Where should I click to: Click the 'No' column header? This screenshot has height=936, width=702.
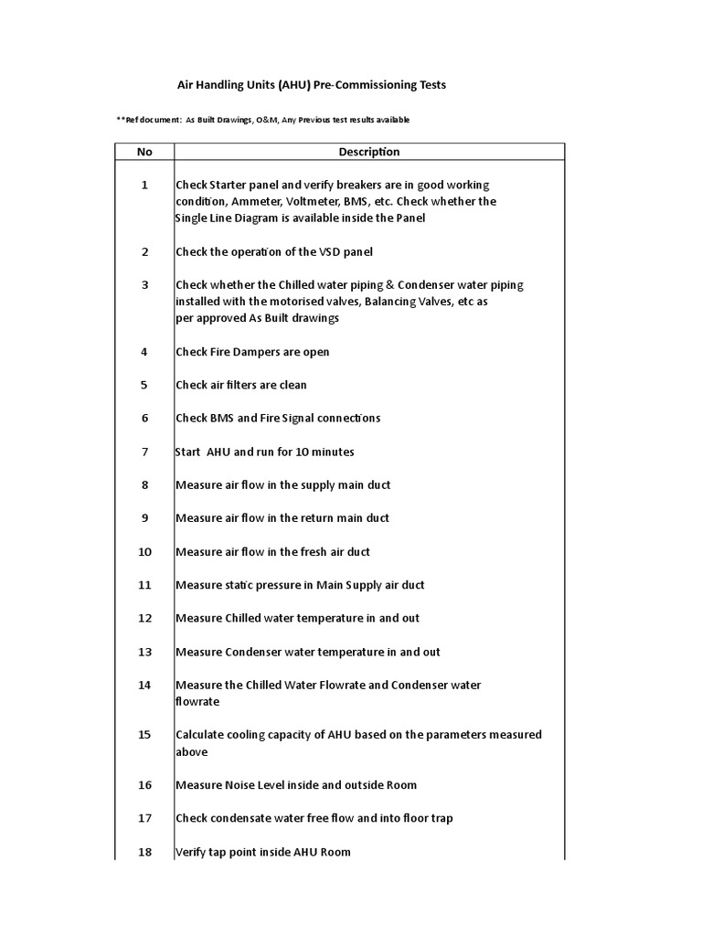[x=144, y=152]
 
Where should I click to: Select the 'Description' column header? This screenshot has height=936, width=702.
[x=369, y=152]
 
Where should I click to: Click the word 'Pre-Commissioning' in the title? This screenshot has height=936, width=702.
[x=367, y=85]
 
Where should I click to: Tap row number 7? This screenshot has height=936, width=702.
[x=144, y=452]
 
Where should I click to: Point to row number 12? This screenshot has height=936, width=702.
[x=144, y=618]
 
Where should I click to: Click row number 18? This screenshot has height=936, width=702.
[x=144, y=852]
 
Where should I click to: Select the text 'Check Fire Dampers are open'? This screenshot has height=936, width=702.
[x=252, y=352]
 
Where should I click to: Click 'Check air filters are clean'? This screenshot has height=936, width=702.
[x=241, y=385]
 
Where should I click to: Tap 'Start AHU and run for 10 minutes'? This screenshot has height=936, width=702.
[x=264, y=452]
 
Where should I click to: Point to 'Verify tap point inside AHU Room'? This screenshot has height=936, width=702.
[x=263, y=852]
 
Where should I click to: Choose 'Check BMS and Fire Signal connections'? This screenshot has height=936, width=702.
[x=278, y=418]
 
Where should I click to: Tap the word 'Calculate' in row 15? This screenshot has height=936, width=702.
[x=200, y=734]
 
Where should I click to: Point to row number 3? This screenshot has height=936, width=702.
[x=144, y=284]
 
